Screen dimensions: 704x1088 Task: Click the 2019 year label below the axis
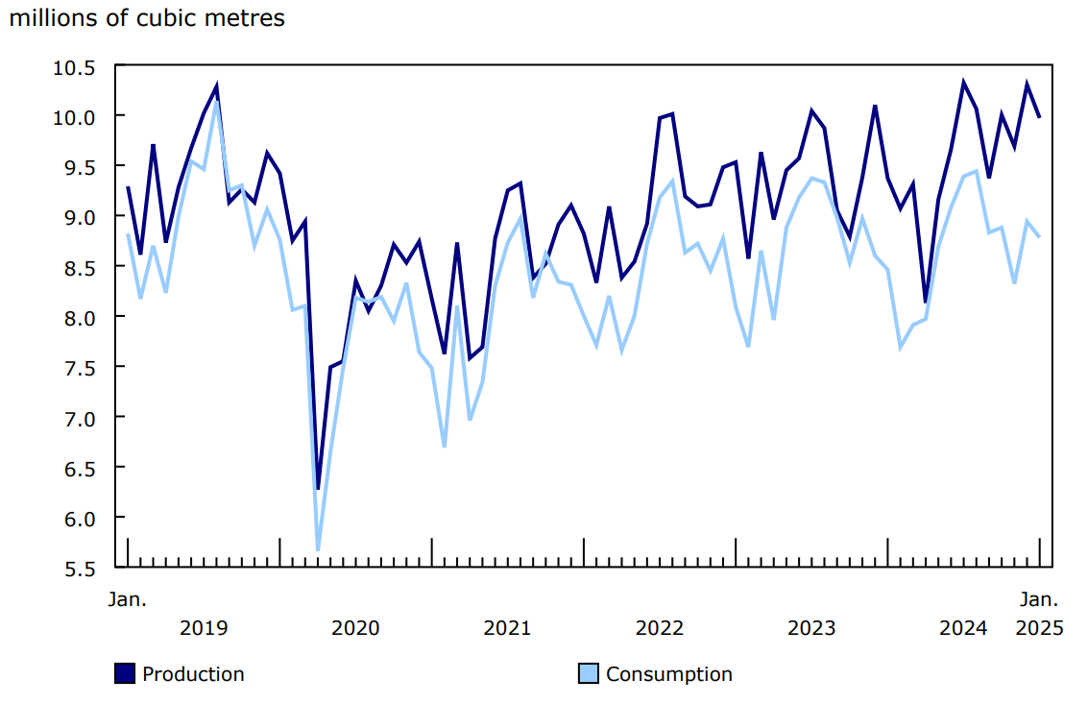[x=204, y=628]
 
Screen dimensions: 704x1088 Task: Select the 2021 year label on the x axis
[x=507, y=628]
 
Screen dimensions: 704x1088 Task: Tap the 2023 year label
[x=811, y=628]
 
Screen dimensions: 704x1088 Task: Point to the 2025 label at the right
[x=1038, y=628]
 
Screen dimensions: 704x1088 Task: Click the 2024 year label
[x=962, y=628]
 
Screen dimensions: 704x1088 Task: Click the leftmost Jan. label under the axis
[x=127, y=599]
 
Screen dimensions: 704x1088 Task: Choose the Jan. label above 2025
[x=1038, y=599]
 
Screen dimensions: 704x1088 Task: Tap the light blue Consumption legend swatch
[x=588, y=674]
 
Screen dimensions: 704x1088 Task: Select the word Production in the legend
[x=193, y=674]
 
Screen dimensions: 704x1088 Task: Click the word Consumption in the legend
[x=668, y=674]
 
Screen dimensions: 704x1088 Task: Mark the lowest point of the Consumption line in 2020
[x=318, y=549]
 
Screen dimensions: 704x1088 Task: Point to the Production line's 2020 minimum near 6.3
[x=318, y=488]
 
